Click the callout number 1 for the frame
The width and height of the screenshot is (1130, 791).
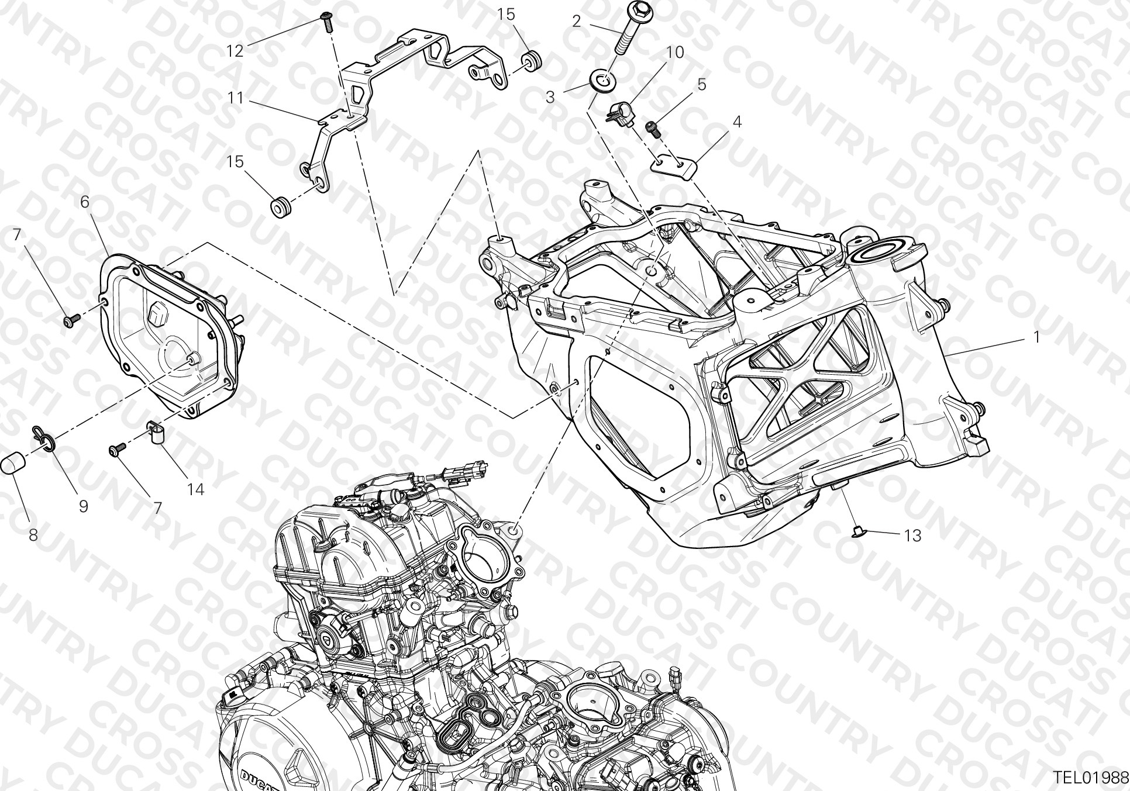[x=1036, y=337]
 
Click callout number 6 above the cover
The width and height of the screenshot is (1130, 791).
[x=85, y=203]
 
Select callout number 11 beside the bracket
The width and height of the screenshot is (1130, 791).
[x=235, y=98]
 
